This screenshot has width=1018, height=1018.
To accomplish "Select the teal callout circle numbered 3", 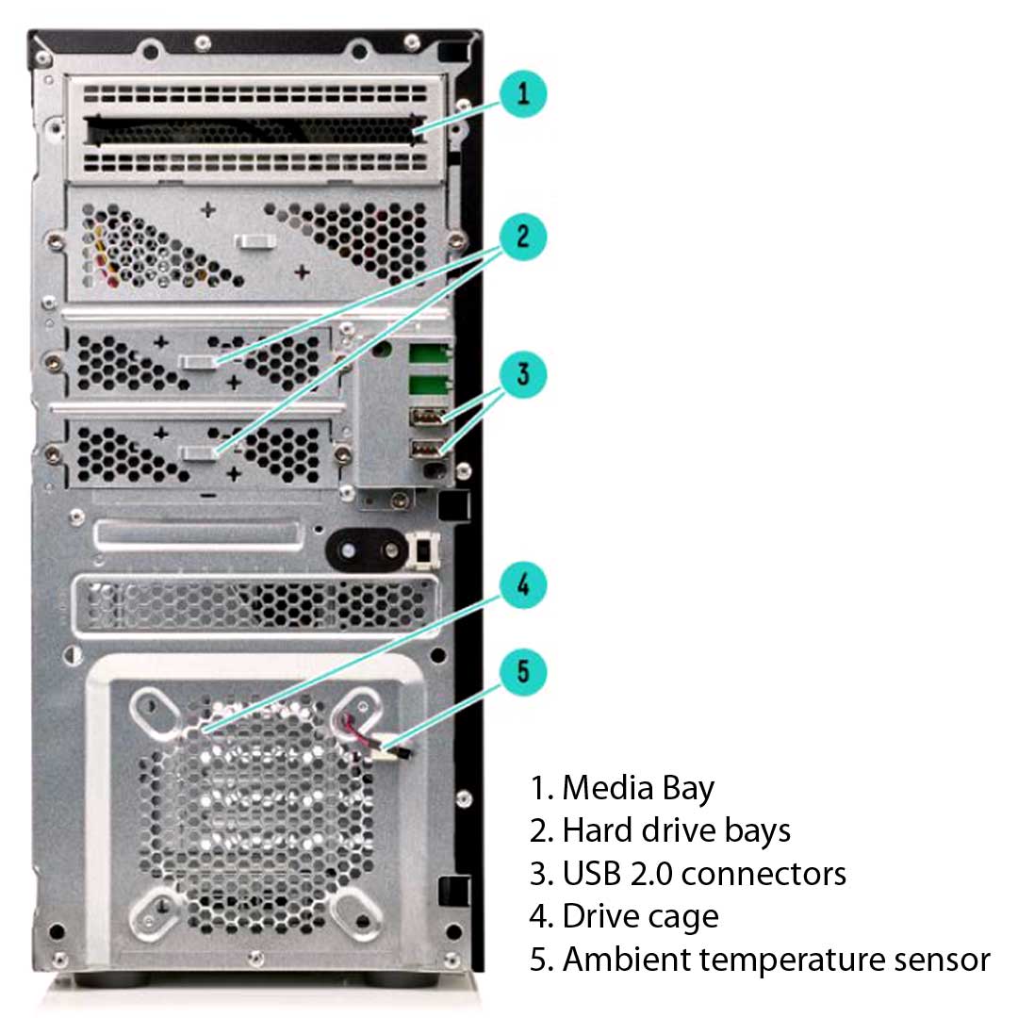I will point(523,374).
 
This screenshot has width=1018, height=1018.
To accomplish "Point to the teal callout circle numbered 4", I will point(523,585).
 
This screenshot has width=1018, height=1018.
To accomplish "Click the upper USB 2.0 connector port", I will point(425,418).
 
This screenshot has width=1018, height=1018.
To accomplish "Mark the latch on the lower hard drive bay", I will point(201,453).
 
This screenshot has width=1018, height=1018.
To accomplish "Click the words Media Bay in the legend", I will point(638,788).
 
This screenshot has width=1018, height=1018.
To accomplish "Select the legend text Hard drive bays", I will point(676,830).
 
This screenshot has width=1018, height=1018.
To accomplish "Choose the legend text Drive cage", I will point(640,916).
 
